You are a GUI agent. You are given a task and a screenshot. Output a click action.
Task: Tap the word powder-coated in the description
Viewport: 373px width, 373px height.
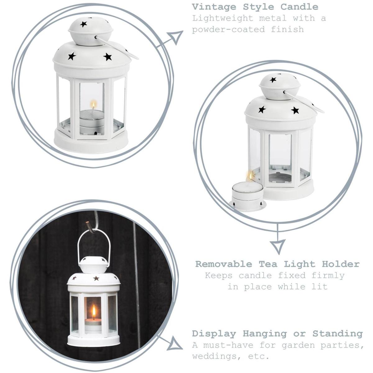point(228,30)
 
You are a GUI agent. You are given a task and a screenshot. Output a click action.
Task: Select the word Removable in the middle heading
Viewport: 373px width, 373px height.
point(223,264)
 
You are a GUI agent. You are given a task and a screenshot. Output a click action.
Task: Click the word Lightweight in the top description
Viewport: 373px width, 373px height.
point(223,19)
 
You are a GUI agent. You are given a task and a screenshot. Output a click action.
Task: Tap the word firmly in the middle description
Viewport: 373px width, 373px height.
point(328,275)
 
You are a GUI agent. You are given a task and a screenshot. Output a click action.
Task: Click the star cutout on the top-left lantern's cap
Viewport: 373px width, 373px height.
point(83,24)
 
